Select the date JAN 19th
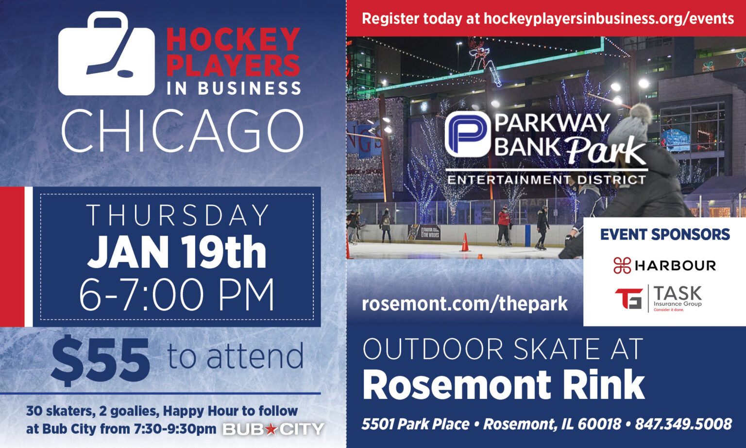point(177,252)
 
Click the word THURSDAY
point(178,215)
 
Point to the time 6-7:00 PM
point(177,295)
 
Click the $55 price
point(101,360)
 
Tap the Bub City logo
point(273,429)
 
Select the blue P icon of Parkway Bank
point(467,134)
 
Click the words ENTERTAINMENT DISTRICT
point(546,180)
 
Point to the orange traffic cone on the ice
point(465,242)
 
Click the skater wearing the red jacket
point(504,225)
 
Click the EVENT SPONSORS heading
point(664,234)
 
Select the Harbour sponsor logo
point(664,265)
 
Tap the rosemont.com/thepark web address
point(464,304)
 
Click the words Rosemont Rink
point(503,384)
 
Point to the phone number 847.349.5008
point(683,424)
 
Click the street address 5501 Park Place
point(415,424)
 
